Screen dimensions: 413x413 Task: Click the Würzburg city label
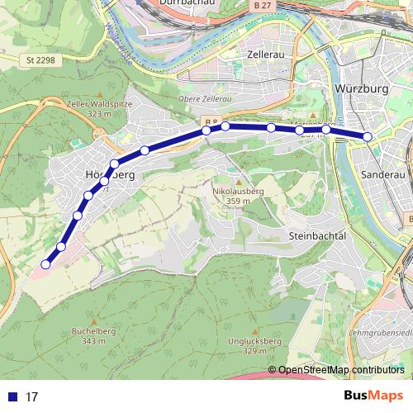point(361,88)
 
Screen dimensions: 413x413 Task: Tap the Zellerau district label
point(266,54)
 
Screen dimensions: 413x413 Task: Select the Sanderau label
point(382,175)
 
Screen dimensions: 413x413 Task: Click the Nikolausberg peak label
point(238,191)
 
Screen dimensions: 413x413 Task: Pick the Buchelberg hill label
point(91,330)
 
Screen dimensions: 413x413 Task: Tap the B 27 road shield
point(263,5)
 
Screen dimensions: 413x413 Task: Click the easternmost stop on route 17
point(368,136)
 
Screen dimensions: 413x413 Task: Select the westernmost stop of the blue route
point(45,264)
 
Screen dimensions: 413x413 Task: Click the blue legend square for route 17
point(11,396)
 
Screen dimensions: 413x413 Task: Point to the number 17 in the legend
point(32,397)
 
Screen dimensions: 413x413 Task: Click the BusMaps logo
point(373,396)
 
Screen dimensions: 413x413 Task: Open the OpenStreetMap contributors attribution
point(341,370)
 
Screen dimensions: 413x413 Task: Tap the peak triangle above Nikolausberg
point(238,182)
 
